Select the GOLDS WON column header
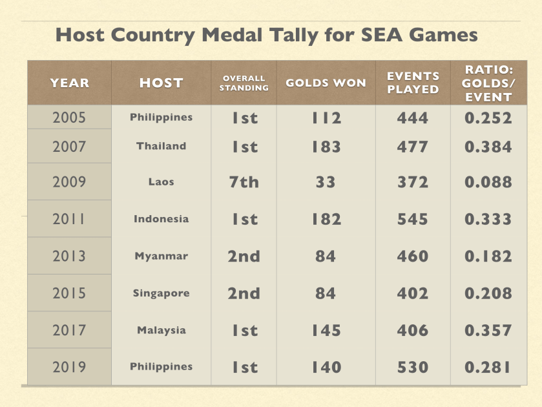click(326, 83)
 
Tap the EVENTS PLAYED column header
click(413, 83)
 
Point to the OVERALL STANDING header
click(244, 83)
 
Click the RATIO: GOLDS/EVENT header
click(488, 83)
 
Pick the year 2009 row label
click(69, 182)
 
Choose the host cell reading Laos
click(161, 182)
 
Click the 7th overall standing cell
click(244, 182)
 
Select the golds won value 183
click(326, 147)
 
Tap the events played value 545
click(413, 219)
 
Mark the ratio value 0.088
click(488, 182)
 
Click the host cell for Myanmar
click(161, 256)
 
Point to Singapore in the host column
click(161, 293)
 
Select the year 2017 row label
click(69, 330)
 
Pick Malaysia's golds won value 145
click(326, 330)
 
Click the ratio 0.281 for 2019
click(488, 367)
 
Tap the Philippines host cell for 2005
click(161, 118)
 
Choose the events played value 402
click(413, 293)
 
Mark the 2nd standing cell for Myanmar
click(244, 256)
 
